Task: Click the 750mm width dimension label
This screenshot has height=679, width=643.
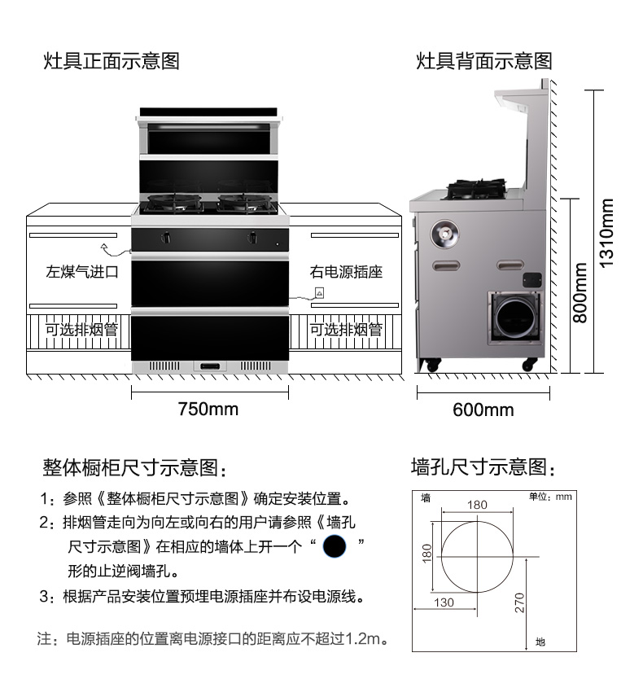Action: pyautogui.click(x=208, y=409)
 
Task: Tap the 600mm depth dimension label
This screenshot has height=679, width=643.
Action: pyautogui.click(x=483, y=410)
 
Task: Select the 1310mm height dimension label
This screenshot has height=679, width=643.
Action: pyautogui.click(x=606, y=233)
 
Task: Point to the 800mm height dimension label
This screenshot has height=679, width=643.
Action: pyautogui.click(x=580, y=293)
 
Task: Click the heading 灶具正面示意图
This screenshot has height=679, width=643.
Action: pyautogui.click(x=112, y=61)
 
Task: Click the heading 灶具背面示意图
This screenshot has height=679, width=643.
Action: pyautogui.click(x=484, y=61)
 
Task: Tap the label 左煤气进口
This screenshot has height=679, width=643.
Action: pyautogui.click(x=82, y=272)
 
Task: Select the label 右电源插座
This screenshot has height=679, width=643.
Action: pyautogui.click(x=346, y=272)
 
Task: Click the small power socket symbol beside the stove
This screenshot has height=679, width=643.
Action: pyautogui.click(x=320, y=293)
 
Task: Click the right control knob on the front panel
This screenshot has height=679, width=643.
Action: pyautogui.click(x=252, y=237)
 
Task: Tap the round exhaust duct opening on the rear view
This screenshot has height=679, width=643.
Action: pyautogui.click(x=515, y=318)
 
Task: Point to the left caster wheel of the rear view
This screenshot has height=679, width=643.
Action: pyautogui.click(x=432, y=365)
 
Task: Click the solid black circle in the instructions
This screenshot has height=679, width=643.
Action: pyautogui.click(x=335, y=546)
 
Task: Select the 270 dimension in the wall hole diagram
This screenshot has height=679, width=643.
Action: pyautogui.click(x=519, y=602)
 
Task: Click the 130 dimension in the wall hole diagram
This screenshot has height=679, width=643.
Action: pyautogui.click(x=444, y=602)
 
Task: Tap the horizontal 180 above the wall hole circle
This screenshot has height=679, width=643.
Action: pyautogui.click(x=477, y=505)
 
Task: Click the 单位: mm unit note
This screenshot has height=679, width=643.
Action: pyautogui.click(x=550, y=497)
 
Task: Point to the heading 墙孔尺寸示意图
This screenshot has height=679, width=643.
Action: pyautogui.click(x=483, y=467)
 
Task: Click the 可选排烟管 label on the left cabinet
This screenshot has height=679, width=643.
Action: pyautogui.click(x=81, y=330)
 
